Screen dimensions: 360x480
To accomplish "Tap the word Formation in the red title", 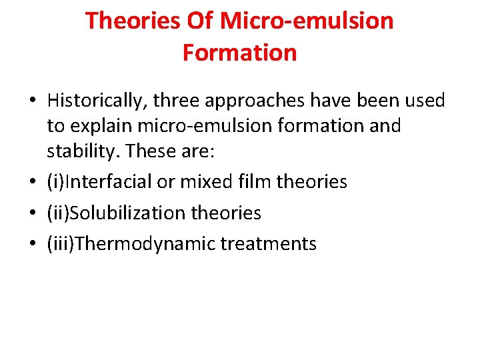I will pyautogui.click(x=239, y=53).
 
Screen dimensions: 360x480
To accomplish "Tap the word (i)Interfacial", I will pyautogui.click(x=99, y=182).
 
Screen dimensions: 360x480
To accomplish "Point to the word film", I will pyautogui.click(x=256, y=182).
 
